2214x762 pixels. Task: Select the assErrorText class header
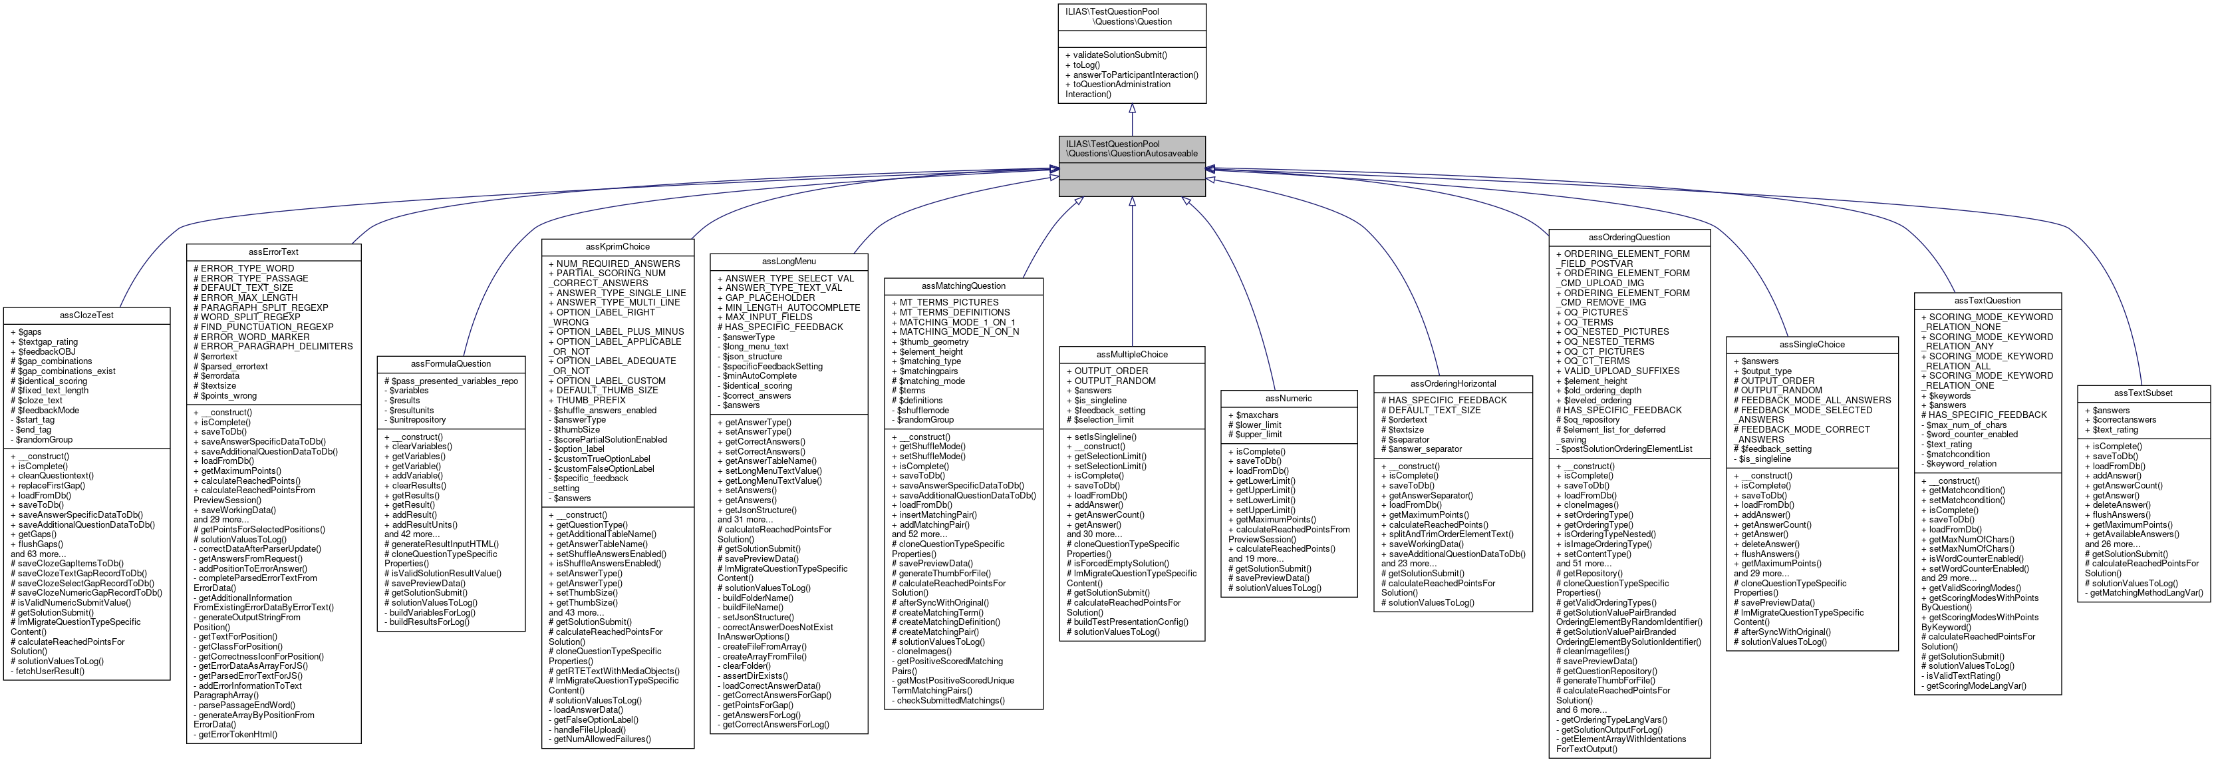tap(273, 252)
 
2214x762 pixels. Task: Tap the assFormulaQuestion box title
tap(450, 364)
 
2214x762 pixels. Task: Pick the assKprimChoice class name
tap(617, 247)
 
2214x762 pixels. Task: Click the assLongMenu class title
tap(788, 262)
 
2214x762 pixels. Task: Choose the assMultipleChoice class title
tap(1131, 354)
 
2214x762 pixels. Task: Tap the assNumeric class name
tap(1288, 398)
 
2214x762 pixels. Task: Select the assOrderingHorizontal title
tap(1453, 383)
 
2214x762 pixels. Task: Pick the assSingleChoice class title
tap(1812, 344)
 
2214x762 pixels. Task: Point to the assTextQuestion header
tap(1987, 300)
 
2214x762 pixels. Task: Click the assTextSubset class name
tap(2143, 393)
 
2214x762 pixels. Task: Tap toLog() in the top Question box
tap(1085, 65)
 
